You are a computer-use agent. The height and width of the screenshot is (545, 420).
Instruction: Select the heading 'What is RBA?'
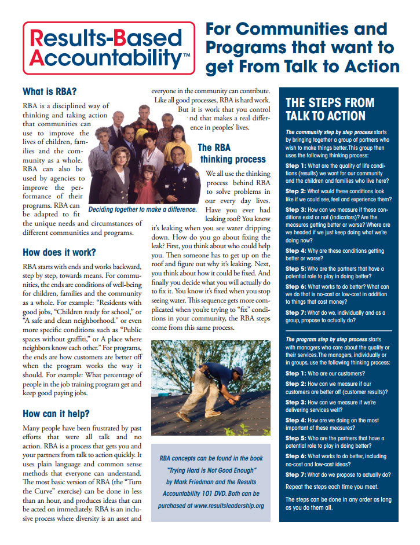(x=49, y=91)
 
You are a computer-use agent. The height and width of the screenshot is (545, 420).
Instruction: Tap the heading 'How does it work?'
(x=59, y=252)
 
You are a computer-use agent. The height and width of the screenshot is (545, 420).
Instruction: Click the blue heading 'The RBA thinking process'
(x=232, y=153)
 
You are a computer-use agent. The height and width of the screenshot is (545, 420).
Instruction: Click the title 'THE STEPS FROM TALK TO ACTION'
(x=330, y=109)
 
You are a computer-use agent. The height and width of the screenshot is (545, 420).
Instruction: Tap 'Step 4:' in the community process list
(x=300, y=251)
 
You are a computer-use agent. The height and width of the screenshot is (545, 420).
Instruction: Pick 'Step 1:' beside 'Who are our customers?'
(x=300, y=373)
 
